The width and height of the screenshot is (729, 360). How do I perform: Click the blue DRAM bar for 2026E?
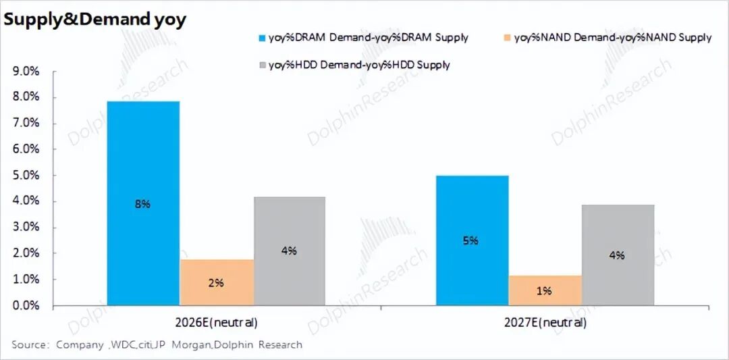tap(143, 169)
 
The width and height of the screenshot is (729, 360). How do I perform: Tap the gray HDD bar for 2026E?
tap(290, 223)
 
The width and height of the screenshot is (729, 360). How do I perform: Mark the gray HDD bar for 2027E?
tap(618, 230)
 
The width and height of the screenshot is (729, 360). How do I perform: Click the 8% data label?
tap(142, 204)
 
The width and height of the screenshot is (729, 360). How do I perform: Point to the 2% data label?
tap(216, 283)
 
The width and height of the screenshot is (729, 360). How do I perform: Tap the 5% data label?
tap(471, 240)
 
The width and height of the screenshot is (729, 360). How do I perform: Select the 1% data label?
tap(544, 290)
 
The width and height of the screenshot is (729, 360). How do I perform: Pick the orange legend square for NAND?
tap(508, 38)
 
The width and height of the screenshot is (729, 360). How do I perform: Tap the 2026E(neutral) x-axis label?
tap(216, 322)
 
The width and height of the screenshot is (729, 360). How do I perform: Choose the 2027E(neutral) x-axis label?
tap(545, 322)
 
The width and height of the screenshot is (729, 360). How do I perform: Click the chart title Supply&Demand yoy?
tap(95, 20)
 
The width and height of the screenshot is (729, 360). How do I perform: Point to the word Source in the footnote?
tap(28, 345)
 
